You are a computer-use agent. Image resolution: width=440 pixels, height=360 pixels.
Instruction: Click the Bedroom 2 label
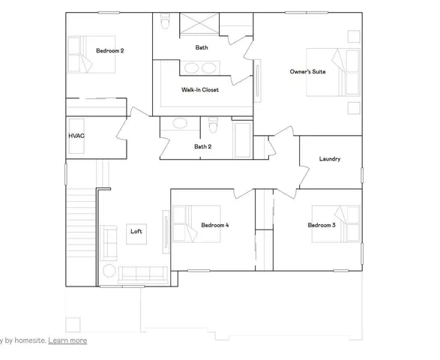click(x=109, y=51)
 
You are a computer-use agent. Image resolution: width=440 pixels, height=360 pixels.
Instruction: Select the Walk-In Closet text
click(x=199, y=89)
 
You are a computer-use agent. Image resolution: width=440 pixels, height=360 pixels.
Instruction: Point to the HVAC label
click(x=76, y=136)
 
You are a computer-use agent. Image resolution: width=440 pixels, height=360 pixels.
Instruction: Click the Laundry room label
click(x=330, y=159)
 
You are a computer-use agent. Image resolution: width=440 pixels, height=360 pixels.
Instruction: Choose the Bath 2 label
click(x=202, y=147)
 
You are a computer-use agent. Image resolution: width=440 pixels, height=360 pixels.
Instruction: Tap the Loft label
click(x=136, y=231)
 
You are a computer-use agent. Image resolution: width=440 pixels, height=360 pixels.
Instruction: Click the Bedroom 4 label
click(x=215, y=225)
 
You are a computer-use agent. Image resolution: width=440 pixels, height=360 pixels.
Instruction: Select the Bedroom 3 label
click(x=321, y=225)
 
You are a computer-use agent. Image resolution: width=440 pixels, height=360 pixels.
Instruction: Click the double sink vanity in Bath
click(x=199, y=69)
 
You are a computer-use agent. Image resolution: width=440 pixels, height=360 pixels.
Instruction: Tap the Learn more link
click(x=67, y=340)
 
